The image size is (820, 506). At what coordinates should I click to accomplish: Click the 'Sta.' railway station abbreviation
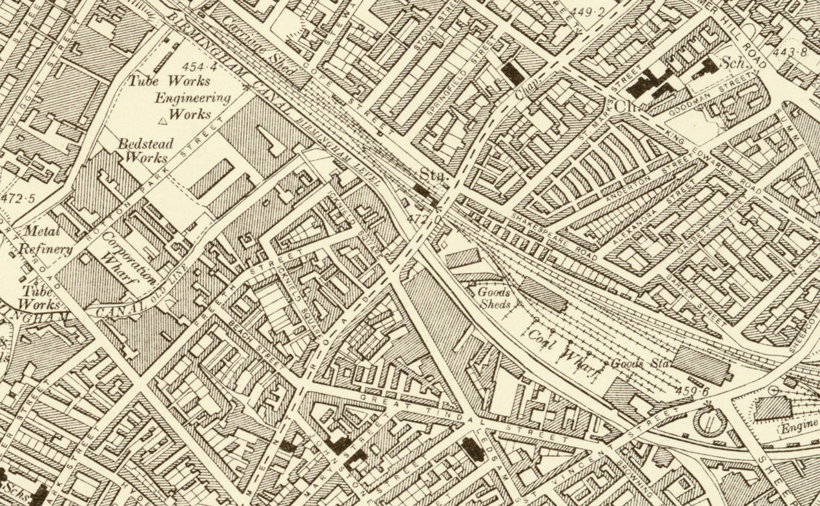429,175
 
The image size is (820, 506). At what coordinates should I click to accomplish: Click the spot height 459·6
693,390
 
